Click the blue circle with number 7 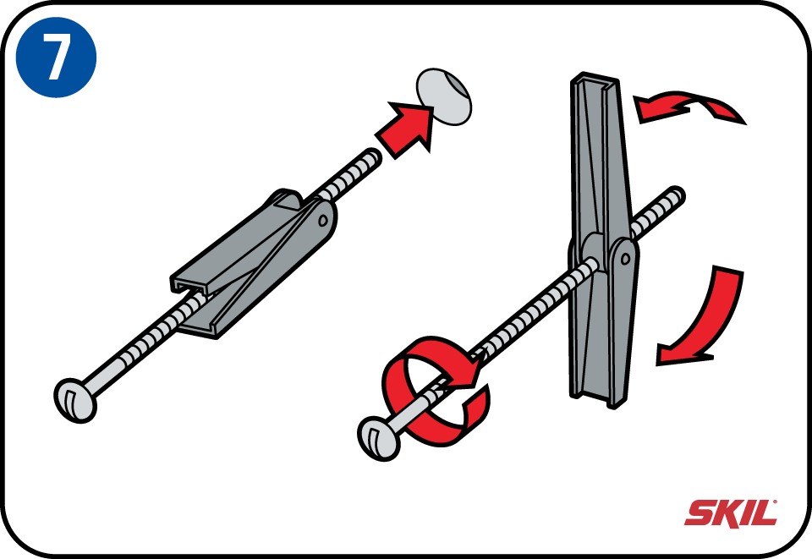56,58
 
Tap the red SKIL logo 731,513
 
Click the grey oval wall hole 444,96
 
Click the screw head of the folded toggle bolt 75,400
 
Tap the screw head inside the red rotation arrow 379,438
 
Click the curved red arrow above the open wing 689,106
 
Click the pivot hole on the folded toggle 324,221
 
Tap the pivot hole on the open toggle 626,258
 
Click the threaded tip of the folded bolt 372,156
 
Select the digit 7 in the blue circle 56,58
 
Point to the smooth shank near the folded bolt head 103,375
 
